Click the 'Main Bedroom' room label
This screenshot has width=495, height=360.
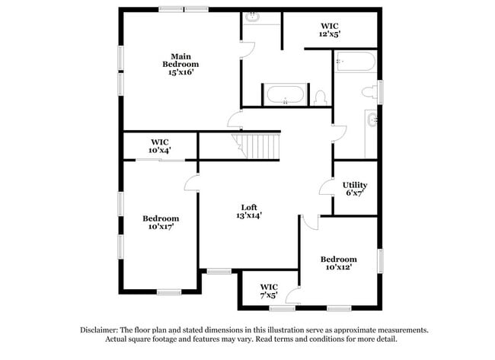click(x=180, y=56)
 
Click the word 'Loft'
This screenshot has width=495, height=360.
click(x=248, y=207)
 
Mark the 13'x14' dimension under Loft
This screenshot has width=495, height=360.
click(x=248, y=215)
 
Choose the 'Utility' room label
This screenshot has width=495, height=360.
click(x=355, y=185)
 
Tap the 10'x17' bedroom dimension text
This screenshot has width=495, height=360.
click(x=161, y=227)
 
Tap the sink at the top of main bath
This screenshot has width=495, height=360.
click(x=253, y=17)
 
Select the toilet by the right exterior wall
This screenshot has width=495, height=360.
click(x=369, y=92)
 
